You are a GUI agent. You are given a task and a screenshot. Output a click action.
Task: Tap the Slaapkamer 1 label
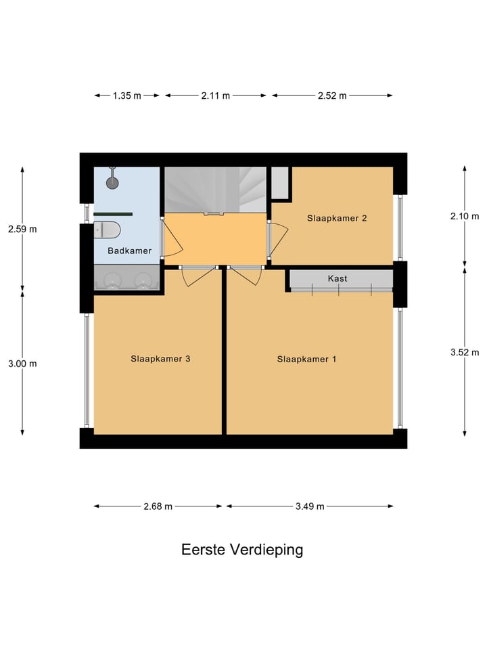[x=306, y=359]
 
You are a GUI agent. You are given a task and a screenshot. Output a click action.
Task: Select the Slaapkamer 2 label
[x=337, y=218]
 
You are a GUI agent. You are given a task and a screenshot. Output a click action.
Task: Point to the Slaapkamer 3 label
[x=160, y=359]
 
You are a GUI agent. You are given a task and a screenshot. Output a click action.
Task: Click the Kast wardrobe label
[x=338, y=278]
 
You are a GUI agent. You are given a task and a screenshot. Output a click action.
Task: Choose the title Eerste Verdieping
[x=242, y=549]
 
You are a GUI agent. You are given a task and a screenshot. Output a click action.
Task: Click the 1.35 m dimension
[x=126, y=95]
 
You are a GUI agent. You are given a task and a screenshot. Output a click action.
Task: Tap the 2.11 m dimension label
[x=215, y=95]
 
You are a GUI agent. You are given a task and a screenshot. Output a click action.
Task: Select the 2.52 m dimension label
[x=332, y=95]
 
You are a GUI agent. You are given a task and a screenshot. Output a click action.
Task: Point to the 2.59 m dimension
[x=22, y=229]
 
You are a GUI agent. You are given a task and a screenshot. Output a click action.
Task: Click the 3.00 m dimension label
[x=22, y=363]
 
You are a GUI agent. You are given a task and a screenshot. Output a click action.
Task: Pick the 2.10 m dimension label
[x=465, y=216]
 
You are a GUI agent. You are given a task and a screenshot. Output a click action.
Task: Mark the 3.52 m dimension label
[x=465, y=351]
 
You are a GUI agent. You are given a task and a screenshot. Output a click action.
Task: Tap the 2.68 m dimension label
[x=158, y=506]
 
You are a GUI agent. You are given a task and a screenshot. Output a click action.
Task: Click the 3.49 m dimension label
[x=310, y=506]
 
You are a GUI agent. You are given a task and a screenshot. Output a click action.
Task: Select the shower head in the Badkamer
[x=112, y=181]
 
